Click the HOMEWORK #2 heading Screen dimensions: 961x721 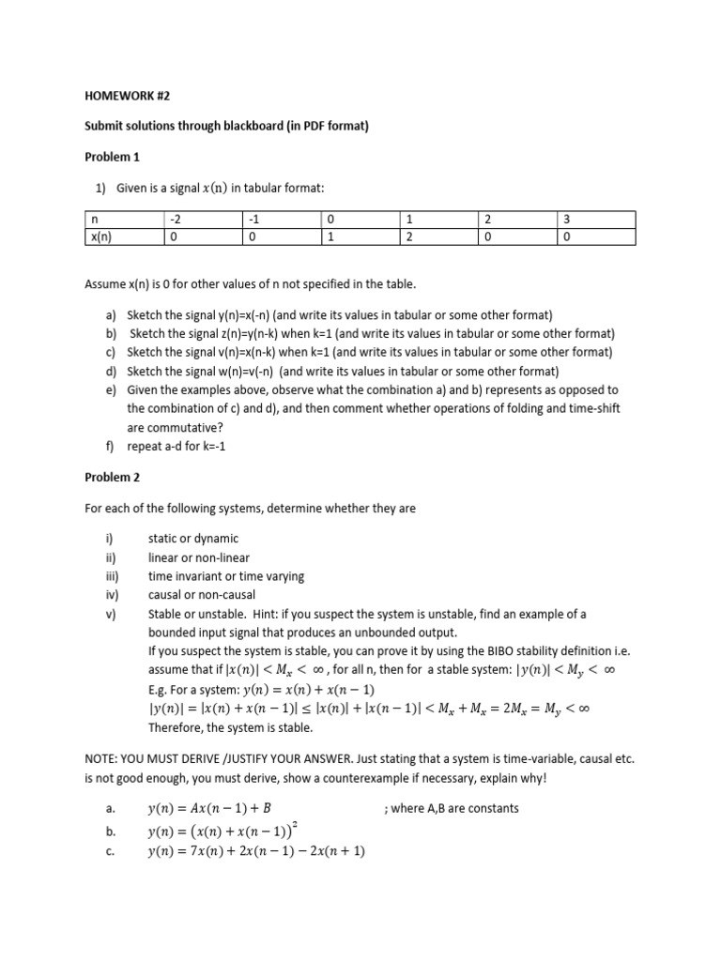[x=123, y=95]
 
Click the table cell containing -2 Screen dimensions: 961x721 [x=175, y=220]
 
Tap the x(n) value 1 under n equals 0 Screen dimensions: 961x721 [x=330, y=237]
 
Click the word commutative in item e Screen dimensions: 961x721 [x=178, y=428]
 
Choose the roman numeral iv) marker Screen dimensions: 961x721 [x=112, y=595]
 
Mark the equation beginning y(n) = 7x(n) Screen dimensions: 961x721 [x=256, y=851]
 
